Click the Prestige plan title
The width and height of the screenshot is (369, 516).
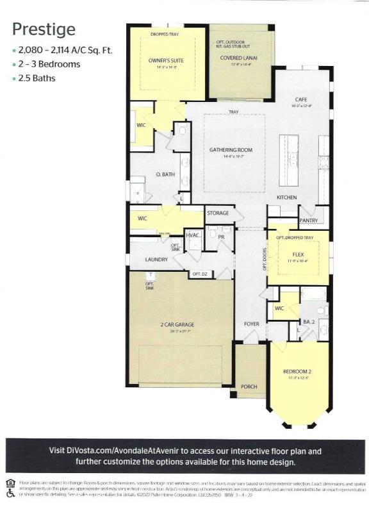pyautogui.click(x=44, y=29)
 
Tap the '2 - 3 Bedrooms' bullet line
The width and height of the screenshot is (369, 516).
pyautogui.click(x=49, y=64)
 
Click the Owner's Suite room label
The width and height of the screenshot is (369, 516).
pyautogui.click(x=166, y=60)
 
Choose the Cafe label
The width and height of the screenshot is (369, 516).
pyautogui.click(x=301, y=99)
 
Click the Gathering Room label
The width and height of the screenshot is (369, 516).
pyautogui.click(x=231, y=150)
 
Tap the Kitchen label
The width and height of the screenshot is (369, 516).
pyautogui.click(x=286, y=197)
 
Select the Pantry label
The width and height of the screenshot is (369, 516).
pyautogui.click(x=309, y=221)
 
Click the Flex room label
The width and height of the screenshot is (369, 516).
pyautogui.click(x=298, y=254)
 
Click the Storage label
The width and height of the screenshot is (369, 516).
pyautogui.click(x=218, y=213)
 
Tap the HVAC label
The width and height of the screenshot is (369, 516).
pyautogui.click(x=193, y=235)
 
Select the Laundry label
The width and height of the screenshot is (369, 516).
pyautogui.click(x=156, y=260)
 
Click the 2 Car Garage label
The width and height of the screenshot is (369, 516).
pyautogui.click(x=177, y=325)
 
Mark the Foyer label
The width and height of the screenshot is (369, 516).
pyautogui.click(x=251, y=324)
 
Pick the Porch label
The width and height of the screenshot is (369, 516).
pyautogui.click(x=248, y=387)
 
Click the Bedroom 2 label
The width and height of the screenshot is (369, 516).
pyautogui.click(x=297, y=372)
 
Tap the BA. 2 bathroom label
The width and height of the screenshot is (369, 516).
pyautogui.click(x=309, y=321)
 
